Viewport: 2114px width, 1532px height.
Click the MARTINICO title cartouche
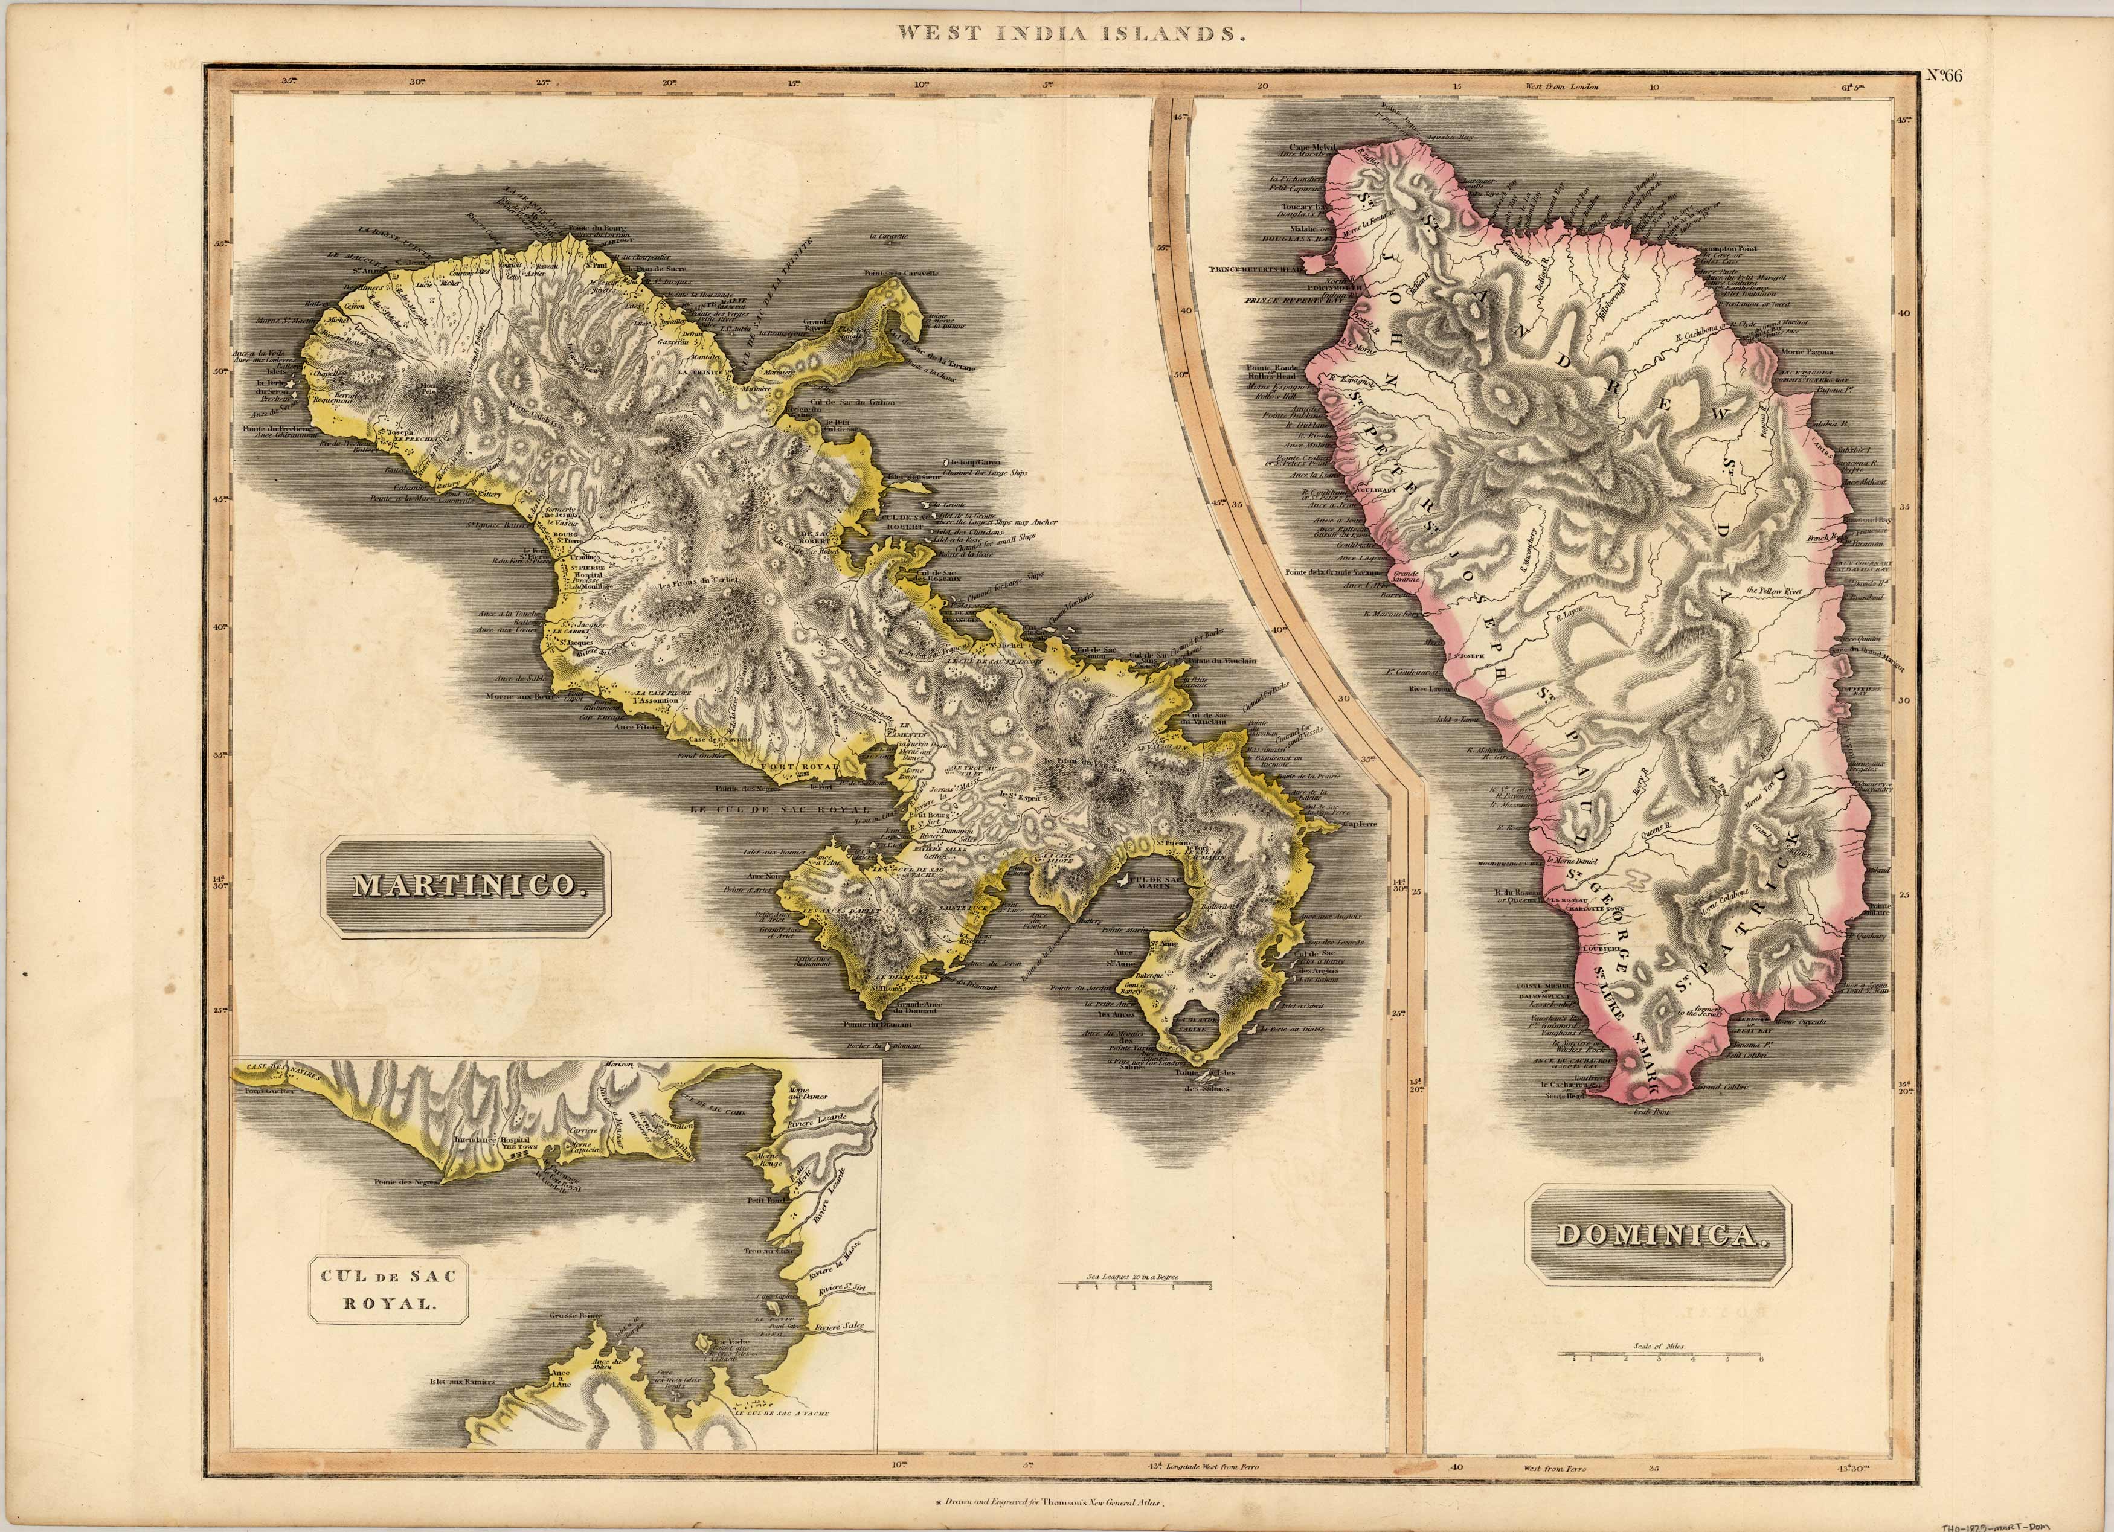[x=465, y=887]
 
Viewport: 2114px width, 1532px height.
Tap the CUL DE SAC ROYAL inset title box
[x=389, y=1290]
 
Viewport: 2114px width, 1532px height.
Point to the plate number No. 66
[x=1944, y=77]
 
